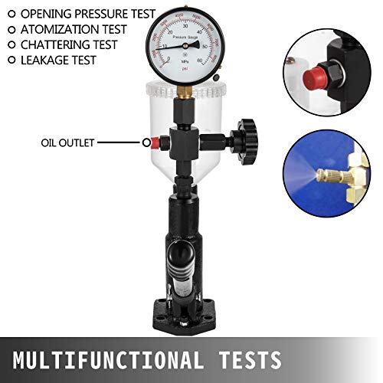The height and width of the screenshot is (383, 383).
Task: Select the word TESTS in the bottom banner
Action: pos(244,358)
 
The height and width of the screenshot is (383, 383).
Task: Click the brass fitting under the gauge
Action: pos(185,93)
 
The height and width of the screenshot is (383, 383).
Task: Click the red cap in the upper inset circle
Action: pos(311,74)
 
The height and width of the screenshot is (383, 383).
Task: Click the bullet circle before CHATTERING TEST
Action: pos(11,44)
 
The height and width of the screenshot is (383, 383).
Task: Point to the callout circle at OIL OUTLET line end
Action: pos(146,142)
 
